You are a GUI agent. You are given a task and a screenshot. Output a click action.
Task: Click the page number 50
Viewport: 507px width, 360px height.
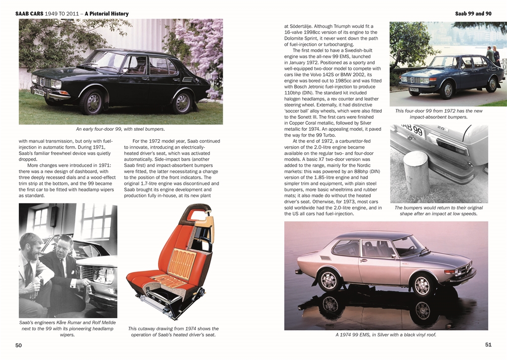click(18, 345)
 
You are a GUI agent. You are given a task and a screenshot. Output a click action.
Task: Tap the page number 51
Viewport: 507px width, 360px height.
click(488, 344)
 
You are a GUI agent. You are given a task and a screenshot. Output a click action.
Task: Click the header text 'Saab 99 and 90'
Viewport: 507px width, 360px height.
click(473, 13)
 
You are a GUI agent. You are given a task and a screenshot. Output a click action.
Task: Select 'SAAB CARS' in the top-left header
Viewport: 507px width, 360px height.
click(29, 13)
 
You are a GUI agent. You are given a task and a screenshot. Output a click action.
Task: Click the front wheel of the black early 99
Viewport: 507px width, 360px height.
click(91, 101)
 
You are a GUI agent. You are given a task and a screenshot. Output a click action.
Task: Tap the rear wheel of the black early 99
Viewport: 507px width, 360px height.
click(183, 101)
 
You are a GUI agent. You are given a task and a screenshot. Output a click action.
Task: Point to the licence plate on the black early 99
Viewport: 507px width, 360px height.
click(39, 92)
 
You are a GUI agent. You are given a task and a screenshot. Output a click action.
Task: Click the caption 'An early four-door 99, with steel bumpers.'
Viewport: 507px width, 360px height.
click(120, 129)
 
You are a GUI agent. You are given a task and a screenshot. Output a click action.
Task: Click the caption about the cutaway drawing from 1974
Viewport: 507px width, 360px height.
click(173, 332)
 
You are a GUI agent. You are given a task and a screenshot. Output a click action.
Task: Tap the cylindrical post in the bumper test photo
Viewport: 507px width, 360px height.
click(416, 174)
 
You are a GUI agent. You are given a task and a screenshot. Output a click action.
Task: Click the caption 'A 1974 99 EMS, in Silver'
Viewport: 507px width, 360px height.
click(386, 335)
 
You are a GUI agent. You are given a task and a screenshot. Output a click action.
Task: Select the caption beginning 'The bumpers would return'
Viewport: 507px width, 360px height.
click(438, 211)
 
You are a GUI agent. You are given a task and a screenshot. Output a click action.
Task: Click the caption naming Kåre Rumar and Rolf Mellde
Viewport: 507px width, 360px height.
click(67, 329)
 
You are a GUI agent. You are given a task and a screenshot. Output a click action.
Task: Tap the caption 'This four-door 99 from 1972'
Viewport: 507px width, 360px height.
click(438, 114)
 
